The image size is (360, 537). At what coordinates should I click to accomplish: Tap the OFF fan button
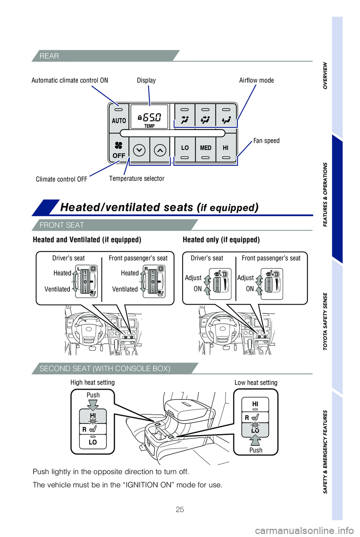118,149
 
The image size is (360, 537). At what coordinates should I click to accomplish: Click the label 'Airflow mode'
256,80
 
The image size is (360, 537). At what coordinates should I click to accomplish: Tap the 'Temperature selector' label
136,178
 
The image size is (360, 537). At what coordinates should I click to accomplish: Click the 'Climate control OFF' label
61,179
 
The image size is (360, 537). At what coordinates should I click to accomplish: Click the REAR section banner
49,56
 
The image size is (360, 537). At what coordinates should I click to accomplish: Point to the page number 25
180,509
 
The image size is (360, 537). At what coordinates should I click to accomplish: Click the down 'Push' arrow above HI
93,405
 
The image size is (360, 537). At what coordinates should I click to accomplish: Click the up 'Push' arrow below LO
255,440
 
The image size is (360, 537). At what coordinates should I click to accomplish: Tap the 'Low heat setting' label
256,383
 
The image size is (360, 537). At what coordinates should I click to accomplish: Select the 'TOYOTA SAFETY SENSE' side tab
325,321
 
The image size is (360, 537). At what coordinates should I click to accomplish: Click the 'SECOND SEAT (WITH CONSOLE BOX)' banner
105,368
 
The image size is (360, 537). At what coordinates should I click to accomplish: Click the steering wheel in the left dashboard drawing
88,329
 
